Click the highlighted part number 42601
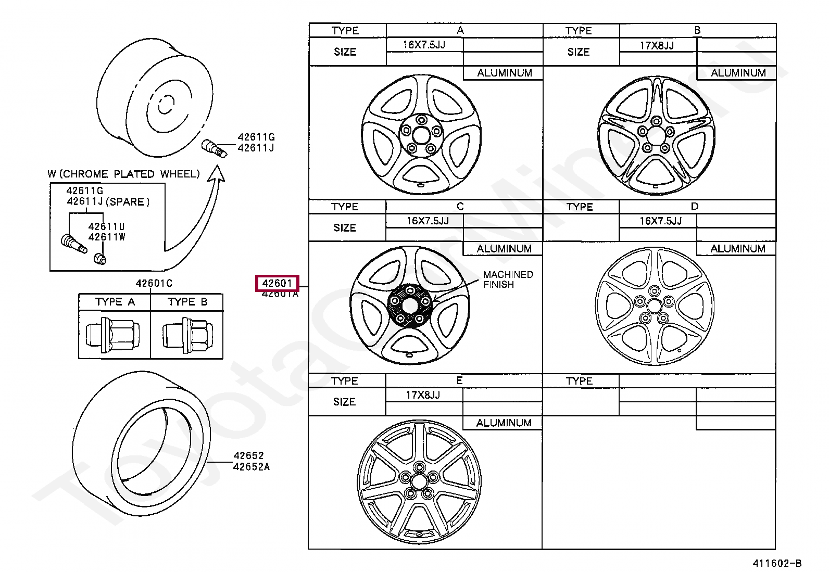pos(277,283)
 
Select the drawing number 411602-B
pos(776,563)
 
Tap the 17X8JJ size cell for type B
pos(657,45)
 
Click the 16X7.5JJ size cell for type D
pos(660,221)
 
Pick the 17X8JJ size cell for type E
pos(423,395)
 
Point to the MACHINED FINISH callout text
pos(507,279)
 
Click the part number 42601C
pos(154,283)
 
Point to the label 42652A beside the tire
pos(251,467)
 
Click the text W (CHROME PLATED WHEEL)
pos(123,174)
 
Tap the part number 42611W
pos(107,237)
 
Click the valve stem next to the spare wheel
pos(213,148)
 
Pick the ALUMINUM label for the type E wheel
pos(504,423)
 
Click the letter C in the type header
pos(460,207)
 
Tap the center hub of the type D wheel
pos(654,306)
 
